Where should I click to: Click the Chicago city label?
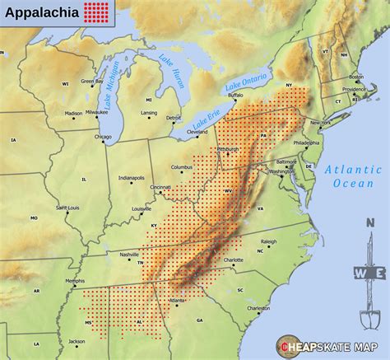pyautogui.click(x=103, y=137)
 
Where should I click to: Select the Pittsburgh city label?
pyautogui.click(x=228, y=149)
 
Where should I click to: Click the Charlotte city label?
pyautogui.click(x=233, y=260)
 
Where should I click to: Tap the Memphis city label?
pyautogui.click(x=75, y=282)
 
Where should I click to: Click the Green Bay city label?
pyautogui.click(x=92, y=82)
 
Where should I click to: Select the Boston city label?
pyautogui.click(x=357, y=78)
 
